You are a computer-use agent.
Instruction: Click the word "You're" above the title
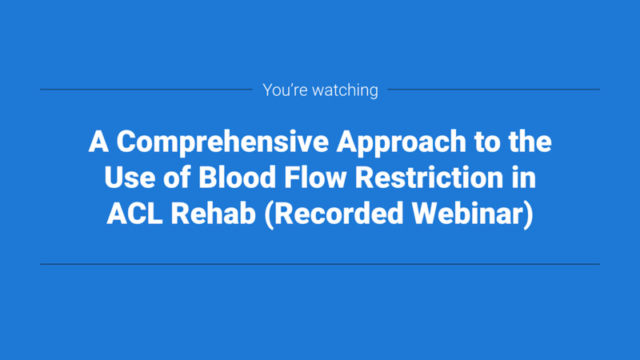coord(282,90)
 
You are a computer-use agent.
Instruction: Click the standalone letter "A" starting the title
coord(98,143)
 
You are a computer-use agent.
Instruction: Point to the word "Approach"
coord(395,143)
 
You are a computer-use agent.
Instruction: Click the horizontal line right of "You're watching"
coord(493,90)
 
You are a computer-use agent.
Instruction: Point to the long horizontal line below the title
coord(320,263)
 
